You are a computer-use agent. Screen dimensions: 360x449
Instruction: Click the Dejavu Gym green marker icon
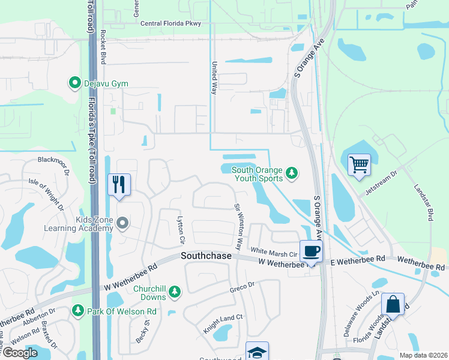pyautogui.click(x=75, y=83)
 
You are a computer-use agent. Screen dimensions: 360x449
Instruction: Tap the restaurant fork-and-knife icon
pyautogui.click(x=118, y=184)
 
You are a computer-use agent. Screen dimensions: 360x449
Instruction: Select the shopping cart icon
pyautogui.click(x=359, y=164)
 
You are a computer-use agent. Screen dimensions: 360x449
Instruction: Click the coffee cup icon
pyautogui.click(x=310, y=251)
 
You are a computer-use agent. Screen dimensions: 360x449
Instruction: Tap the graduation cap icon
pyautogui.click(x=257, y=351)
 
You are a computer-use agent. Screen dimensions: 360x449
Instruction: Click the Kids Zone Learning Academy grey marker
pyautogui.click(x=123, y=223)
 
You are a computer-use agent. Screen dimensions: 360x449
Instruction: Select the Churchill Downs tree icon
pyautogui.click(x=174, y=292)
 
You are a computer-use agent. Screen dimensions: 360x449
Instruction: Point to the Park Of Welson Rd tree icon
pyautogui.click(x=77, y=310)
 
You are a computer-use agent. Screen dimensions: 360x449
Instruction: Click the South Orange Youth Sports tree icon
pyautogui.click(x=292, y=173)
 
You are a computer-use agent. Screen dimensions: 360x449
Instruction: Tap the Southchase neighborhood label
pyautogui.click(x=206, y=256)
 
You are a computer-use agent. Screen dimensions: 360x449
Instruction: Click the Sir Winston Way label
pyautogui.click(x=238, y=226)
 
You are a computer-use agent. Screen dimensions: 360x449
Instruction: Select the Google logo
pyautogui.click(x=20, y=353)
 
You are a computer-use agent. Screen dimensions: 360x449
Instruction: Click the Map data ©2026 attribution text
pyautogui.click(x=423, y=355)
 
